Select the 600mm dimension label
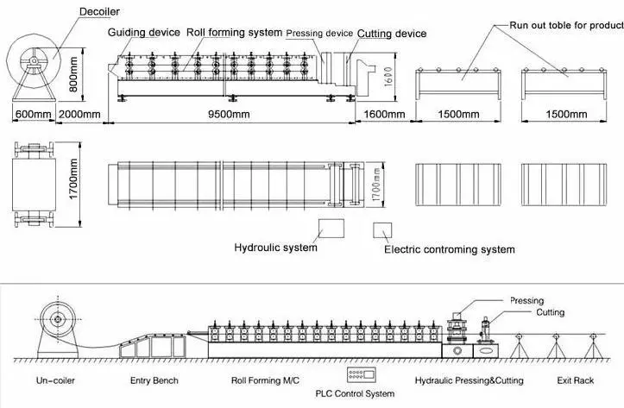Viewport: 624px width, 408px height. (34, 114)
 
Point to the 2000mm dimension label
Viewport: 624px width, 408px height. (79, 114)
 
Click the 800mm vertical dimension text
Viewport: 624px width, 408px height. (74, 74)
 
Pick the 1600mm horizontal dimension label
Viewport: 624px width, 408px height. (384, 114)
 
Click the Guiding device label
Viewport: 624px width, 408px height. (143, 33)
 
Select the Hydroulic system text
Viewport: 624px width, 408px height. (275, 248)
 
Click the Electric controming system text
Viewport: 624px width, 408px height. (449, 250)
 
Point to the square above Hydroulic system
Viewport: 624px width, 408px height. (331, 228)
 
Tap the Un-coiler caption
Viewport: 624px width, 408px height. (60, 380)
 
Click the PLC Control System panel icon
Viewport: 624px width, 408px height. (359, 376)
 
